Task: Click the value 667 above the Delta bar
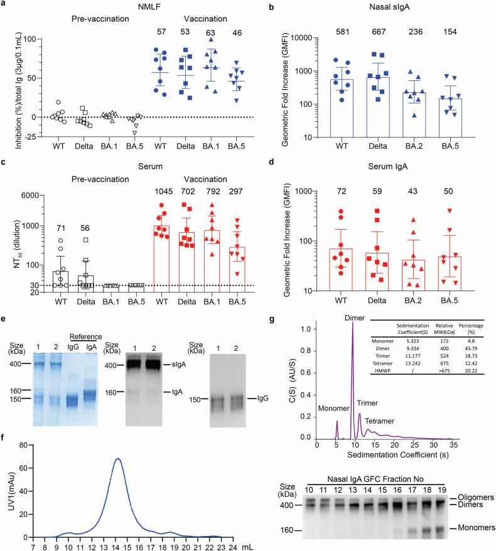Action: click(x=401, y=31)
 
